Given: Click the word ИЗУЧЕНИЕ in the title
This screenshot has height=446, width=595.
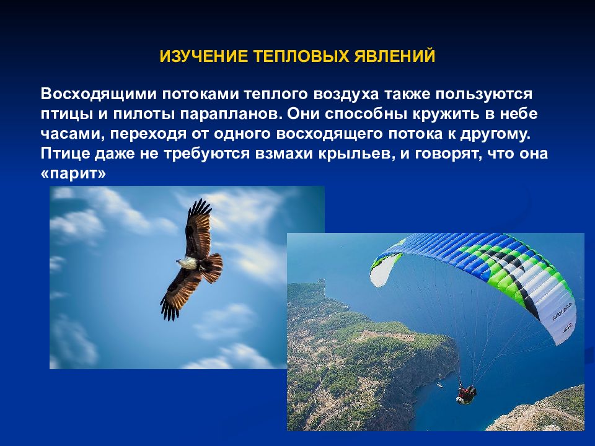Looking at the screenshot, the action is click(204, 56).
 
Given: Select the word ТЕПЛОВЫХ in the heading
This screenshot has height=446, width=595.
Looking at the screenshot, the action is click(301, 56).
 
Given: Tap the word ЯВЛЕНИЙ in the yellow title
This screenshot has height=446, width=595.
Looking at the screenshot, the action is click(395, 56).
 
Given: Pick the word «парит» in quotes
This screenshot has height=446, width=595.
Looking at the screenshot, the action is click(73, 173).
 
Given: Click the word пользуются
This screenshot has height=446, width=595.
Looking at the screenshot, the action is click(484, 94).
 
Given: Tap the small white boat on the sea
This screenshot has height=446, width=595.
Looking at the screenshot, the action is click(440, 385).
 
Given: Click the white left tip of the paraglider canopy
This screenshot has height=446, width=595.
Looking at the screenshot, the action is click(383, 269).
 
